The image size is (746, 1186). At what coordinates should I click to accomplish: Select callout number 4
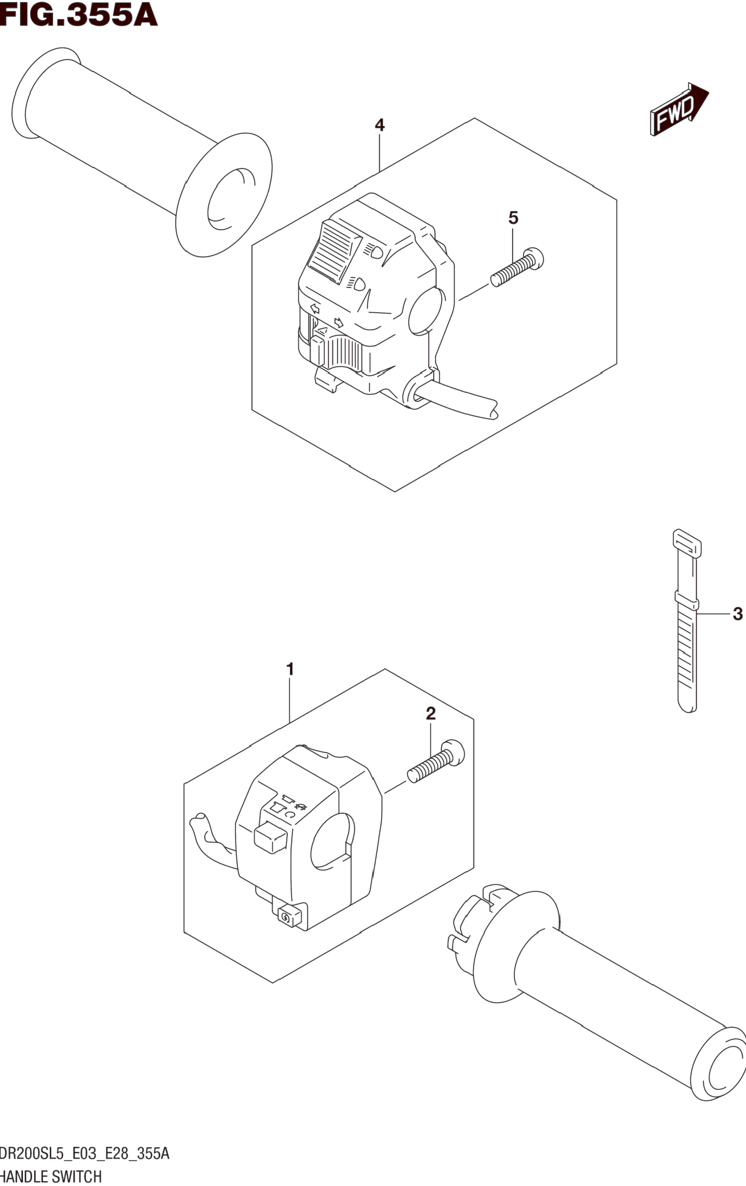[380, 125]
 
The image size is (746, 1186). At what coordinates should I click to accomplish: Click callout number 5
[513, 218]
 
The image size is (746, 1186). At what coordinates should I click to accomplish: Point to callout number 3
[737, 614]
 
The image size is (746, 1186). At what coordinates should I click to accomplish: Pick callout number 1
[290, 669]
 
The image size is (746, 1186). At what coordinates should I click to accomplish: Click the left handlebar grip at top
[143, 153]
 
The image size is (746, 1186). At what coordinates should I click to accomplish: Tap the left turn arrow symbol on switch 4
[314, 309]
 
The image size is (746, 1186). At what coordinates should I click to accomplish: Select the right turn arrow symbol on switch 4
[339, 323]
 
